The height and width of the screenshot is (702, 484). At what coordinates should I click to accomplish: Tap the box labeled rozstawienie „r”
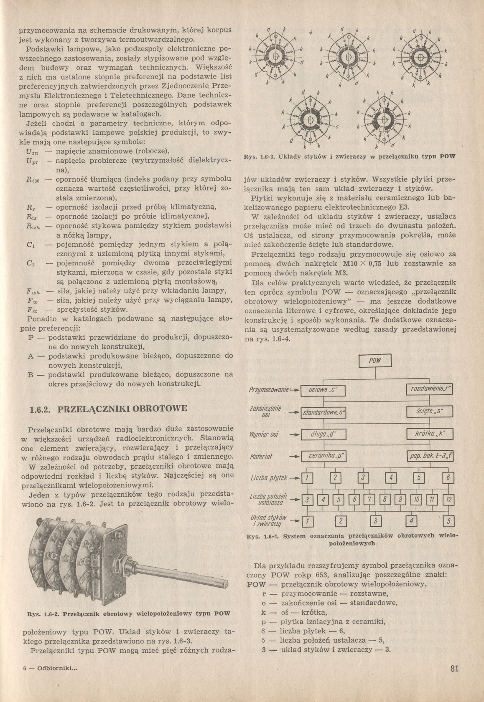(x=429, y=390)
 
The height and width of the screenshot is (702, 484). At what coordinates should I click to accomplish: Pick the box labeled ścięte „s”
(x=429, y=412)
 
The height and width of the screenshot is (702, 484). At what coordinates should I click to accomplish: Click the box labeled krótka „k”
(x=429, y=434)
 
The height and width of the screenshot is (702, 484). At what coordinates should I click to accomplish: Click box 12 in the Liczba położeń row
(x=448, y=499)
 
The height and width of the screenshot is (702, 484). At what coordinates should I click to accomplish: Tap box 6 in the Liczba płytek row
(x=448, y=477)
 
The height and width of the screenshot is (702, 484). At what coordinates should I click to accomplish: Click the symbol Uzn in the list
(x=32, y=152)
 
